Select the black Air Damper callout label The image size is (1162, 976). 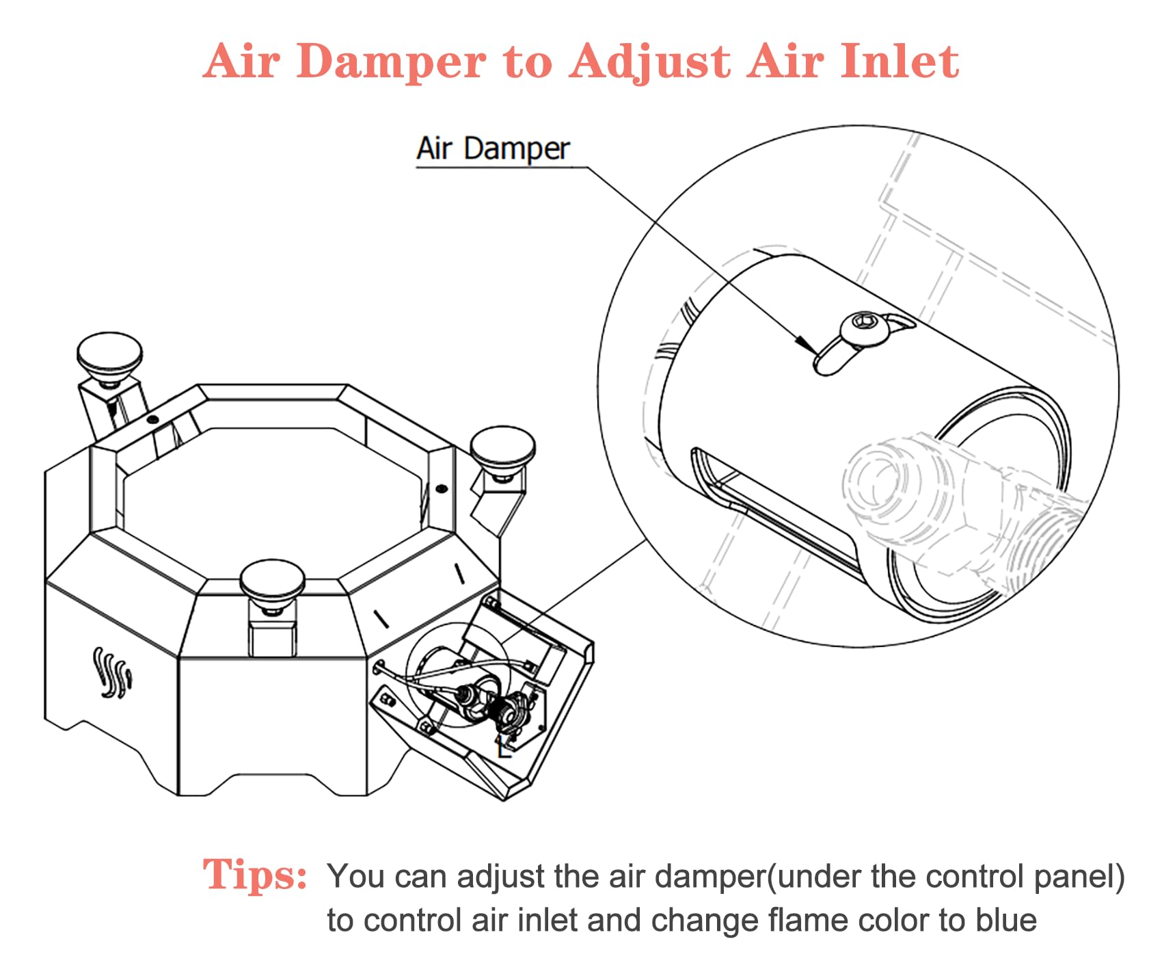493,148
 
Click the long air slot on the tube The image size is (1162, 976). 772,511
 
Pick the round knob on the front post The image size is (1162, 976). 271,582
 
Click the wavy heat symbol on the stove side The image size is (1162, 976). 112,673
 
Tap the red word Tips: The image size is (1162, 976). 254,875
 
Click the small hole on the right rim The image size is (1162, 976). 442,488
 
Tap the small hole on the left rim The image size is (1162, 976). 153,419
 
